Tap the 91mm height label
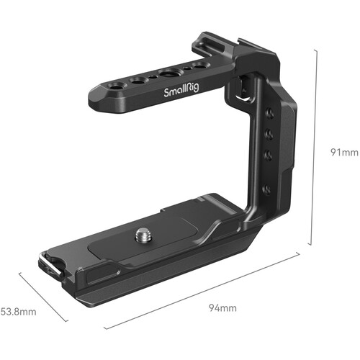[x=340, y=153]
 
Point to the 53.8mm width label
[x=17, y=312]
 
